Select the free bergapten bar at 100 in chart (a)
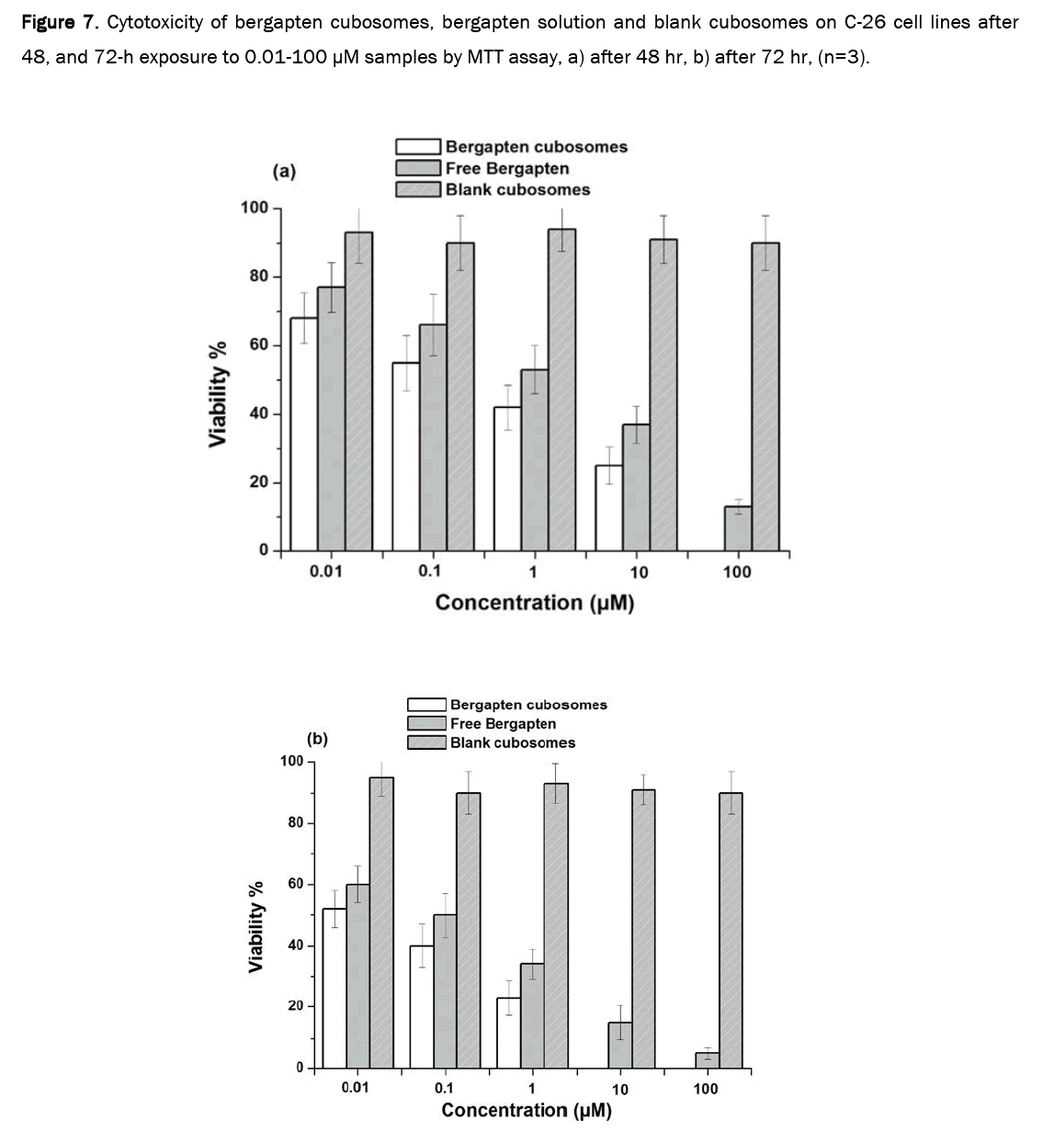tap(738, 528)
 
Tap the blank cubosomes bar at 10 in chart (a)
tap(663, 395)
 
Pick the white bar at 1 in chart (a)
tap(507, 479)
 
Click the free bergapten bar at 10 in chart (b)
tap(620, 1046)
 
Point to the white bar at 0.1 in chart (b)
tap(422, 1007)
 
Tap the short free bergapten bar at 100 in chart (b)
tap(707, 1060)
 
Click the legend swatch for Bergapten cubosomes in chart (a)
tap(419, 147)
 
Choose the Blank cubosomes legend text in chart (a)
tap(517, 189)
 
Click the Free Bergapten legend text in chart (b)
tap(503, 724)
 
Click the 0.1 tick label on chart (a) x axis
tap(429, 571)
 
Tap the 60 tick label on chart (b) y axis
tap(295, 884)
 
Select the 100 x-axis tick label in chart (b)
tap(706, 1089)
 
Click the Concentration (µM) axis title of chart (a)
tap(534, 603)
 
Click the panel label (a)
tap(285, 171)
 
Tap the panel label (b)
tap(317, 738)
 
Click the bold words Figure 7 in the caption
tap(59, 22)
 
